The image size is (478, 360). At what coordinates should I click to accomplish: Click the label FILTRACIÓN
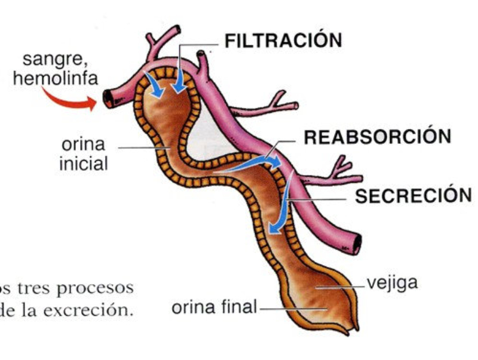tap(283, 41)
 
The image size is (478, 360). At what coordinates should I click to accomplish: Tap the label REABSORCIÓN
tap(377, 137)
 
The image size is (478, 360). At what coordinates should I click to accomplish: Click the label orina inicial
tap(83, 153)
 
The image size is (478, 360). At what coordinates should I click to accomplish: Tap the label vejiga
tap(391, 281)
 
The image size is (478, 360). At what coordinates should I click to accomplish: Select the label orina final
tap(214, 308)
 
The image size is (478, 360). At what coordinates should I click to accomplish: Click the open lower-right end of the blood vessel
tap(357, 244)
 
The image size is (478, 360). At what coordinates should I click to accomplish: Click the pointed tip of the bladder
tap(357, 327)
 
